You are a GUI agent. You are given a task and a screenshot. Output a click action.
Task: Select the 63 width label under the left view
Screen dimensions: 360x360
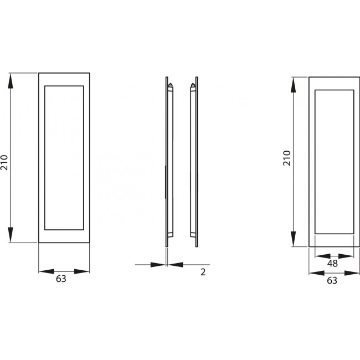click(61, 279)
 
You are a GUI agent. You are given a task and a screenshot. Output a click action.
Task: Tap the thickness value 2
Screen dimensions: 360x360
click(203, 273)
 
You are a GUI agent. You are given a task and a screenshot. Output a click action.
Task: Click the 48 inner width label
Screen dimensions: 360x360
click(332, 264)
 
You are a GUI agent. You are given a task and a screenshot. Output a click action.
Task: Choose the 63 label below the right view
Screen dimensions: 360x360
click(332, 280)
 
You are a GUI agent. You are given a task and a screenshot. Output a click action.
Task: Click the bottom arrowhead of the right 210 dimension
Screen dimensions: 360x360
click(294, 240)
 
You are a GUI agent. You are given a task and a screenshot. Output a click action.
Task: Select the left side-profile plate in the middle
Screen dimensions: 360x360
click(167, 161)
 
